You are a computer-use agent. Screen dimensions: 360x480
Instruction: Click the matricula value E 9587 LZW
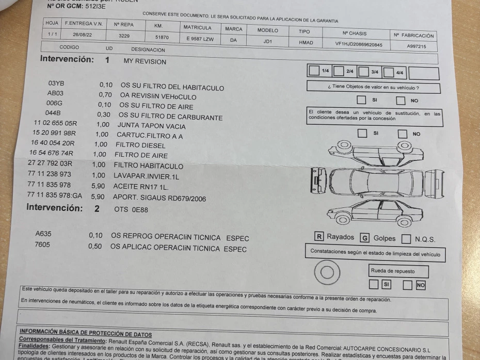[x=200, y=39]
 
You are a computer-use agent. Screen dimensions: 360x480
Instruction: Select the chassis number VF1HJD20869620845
[x=359, y=44]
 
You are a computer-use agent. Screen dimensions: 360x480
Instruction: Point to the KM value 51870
[x=162, y=37]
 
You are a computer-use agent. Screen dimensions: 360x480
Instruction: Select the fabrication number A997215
[x=416, y=46]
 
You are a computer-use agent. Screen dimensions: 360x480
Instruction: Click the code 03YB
[x=56, y=84]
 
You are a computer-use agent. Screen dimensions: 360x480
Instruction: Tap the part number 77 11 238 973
[x=49, y=174]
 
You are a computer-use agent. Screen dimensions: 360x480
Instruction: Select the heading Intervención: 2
[x=62, y=208]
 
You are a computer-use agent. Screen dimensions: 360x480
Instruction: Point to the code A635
[x=43, y=234]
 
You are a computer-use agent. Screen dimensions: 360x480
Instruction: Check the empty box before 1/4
[x=313, y=70]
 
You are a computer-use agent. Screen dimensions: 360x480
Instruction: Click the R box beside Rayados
[x=319, y=237]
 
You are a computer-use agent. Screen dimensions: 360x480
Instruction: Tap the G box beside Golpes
[x=364, y=238]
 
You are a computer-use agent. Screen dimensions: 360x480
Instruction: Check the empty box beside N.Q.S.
[x=406, y=239]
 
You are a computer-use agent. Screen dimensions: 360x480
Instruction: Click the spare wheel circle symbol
[x=327, y=272]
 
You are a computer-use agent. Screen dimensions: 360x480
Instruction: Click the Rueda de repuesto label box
[x=392, y=271]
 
